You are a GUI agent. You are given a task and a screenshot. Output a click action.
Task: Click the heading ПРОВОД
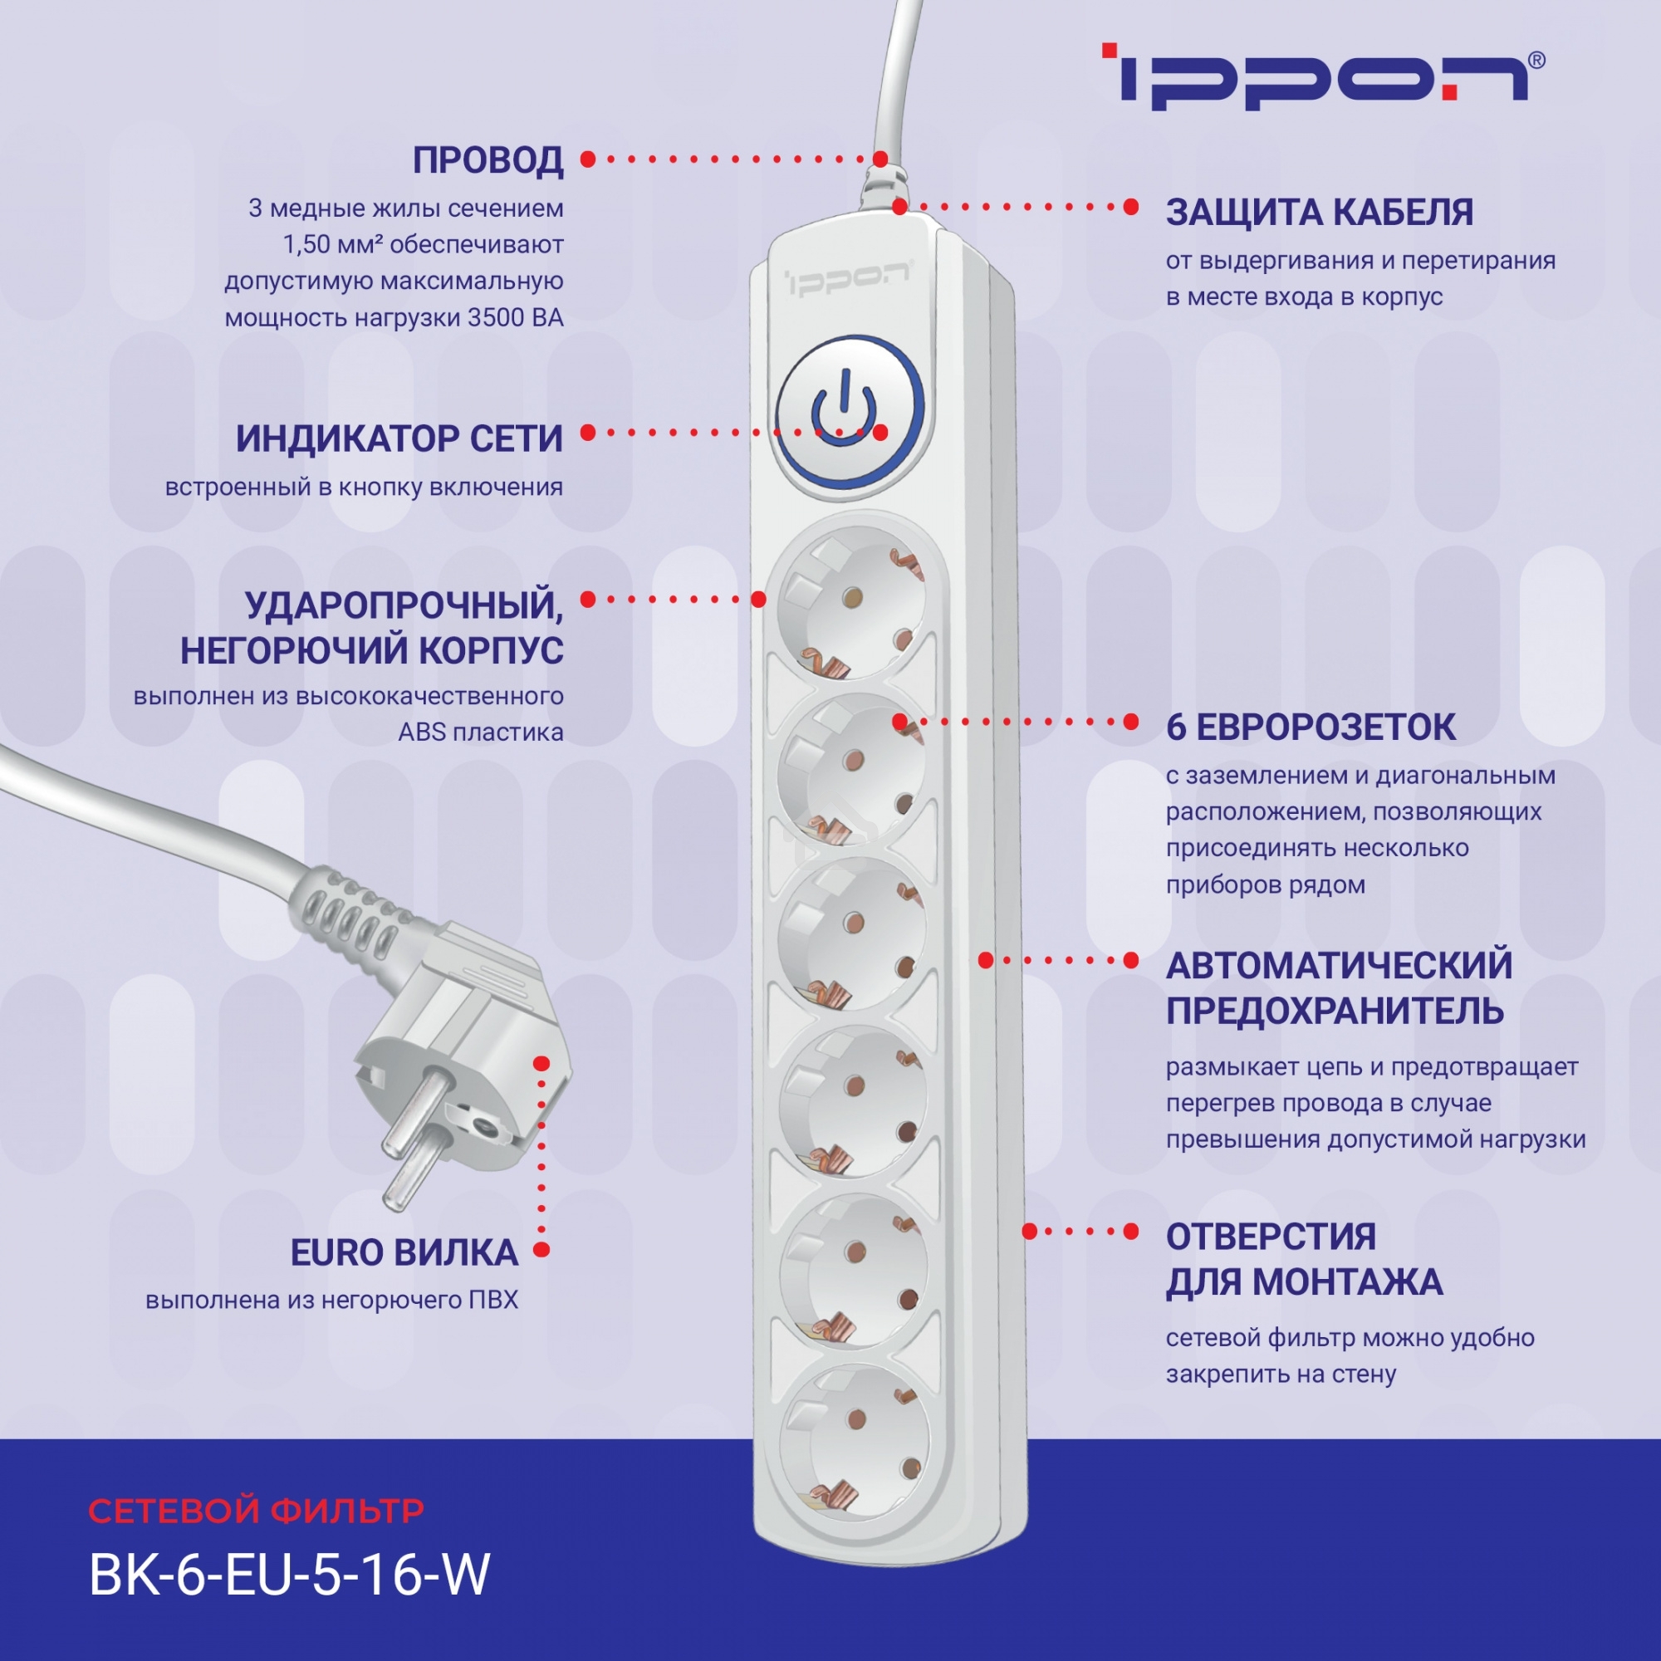tap(488, 160)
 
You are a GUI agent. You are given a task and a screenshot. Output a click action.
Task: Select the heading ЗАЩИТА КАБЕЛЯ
tap(1319, 213)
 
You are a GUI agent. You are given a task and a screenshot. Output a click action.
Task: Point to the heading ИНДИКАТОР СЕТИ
tap(399, 439)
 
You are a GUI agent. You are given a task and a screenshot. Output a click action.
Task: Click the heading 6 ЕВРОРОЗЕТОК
tap(1311, 728)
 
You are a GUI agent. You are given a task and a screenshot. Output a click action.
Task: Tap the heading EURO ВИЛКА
tap(404, 1252)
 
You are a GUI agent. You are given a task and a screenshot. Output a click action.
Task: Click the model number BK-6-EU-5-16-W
tap(290, 1575)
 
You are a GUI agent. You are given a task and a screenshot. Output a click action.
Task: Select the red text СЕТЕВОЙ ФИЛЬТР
tap(256, 1511)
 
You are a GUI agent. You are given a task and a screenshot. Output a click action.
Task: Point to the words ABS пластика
tap(481, 733)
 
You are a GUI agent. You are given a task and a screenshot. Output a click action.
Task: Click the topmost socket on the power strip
tap(852, 606)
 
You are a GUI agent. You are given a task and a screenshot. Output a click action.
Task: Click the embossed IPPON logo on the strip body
tap(847, 278)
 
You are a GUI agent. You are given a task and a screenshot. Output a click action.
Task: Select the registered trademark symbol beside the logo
tap(1536, 60)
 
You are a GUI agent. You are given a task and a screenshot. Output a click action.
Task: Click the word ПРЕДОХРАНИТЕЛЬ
tap(1335, 1011)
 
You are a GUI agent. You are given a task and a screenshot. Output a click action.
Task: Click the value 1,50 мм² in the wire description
tap(332, 245)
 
